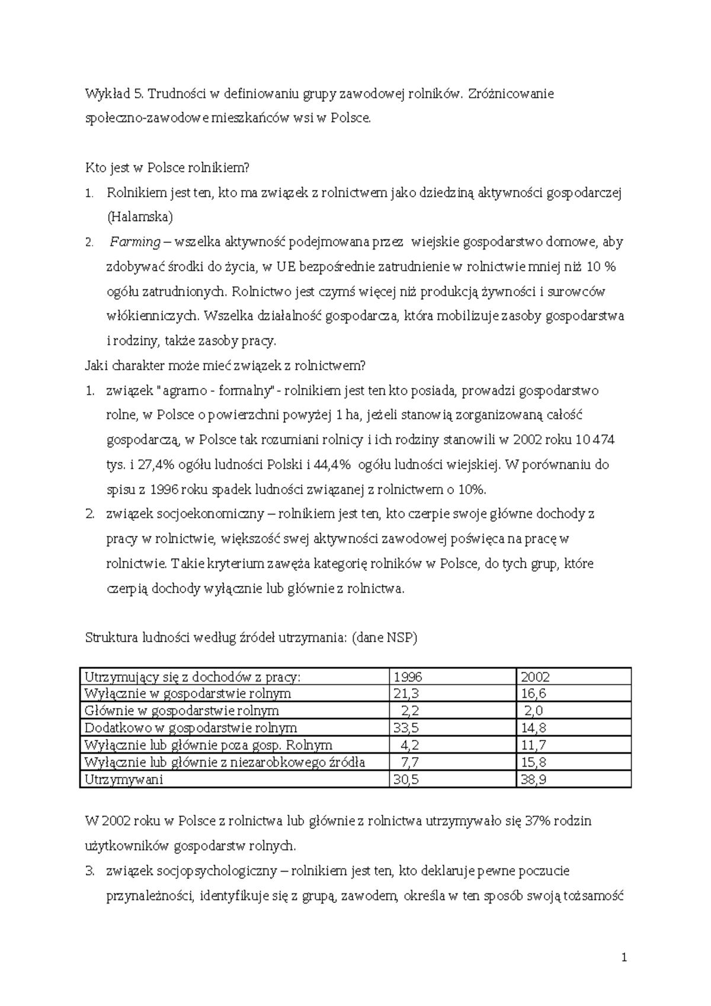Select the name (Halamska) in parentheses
click(140, 217)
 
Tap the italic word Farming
click(135, 242)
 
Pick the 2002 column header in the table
click(536, 677)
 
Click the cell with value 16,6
click(533, 694)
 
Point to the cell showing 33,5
click(406, 728)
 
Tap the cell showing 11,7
click(533, 745)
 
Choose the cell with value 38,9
click(533, 780)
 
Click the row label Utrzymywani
click(124, 780)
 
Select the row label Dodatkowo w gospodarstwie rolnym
click(191, 728)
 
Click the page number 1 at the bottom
click(624, 958)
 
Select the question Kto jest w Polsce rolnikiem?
click(168, 168)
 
